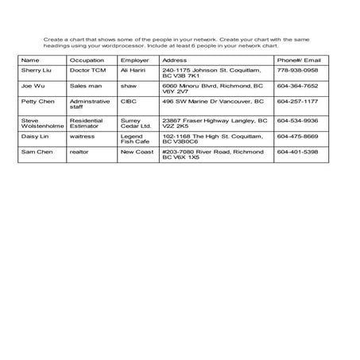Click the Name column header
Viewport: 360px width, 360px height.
pyautogui.click(x=30, y=60)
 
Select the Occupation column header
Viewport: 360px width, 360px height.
pyautogui.click(x=87, y=60)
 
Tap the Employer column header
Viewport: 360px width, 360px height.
pyautogui.click(x=134, y=60)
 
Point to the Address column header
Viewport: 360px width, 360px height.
pyautogui.click(x=174, y=60)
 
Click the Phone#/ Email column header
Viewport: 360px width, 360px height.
pyautogui.click(x=299, y=60)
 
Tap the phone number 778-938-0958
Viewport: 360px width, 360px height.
pyautogui.click(x=297, y=70)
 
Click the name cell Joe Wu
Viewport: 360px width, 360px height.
pyautogui.click(x=32, y=86)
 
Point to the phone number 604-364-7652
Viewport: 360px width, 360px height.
pyautogui.click(x=297, y=86)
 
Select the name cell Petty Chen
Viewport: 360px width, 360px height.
pyautogui.click(x=37, y=102)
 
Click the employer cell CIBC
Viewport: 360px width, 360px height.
pyautogui.click(x=128, y=102)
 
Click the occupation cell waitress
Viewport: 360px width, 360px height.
pyautogui.click(x=83, y=136)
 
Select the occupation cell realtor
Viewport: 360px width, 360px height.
pyautogui.click(x=79, y=151)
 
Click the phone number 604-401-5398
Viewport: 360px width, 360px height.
pyautogui.click(x=297, y=151)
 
